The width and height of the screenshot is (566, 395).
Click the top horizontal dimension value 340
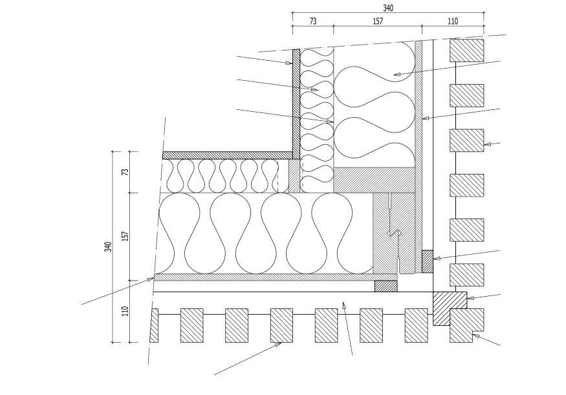click(x=387, y=8)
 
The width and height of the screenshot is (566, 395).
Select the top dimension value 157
click(x=378, y=21)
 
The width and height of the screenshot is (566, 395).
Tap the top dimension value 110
click(x=453, y=21)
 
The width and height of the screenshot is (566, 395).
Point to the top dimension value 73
click(x=312, y=21)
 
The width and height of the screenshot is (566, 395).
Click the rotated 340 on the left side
click(x=108, y=246)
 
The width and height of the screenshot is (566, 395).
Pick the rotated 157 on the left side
click(x=125, y=236)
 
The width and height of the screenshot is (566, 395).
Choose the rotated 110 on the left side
click(x=125, y=311)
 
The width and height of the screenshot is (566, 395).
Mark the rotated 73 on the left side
click(x=125, y=172)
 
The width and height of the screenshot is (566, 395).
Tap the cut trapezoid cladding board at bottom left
click(x=154, y=325)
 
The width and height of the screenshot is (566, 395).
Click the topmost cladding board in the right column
click(x=467, y=50)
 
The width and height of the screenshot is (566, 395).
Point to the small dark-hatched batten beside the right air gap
click(x=427, y=261)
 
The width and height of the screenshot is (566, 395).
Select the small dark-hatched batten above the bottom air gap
click(x=386, y=286)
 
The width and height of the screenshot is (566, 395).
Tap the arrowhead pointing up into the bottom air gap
click(x=343, y=304)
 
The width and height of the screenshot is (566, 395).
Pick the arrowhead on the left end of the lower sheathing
click(x=151, y=279)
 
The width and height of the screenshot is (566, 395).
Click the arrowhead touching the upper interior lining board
click(x=290, y=63)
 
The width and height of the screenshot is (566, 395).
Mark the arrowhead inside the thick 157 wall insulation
click(x=397, y=75)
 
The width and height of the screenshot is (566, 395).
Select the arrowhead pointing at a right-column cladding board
click(x=486, y=144)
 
